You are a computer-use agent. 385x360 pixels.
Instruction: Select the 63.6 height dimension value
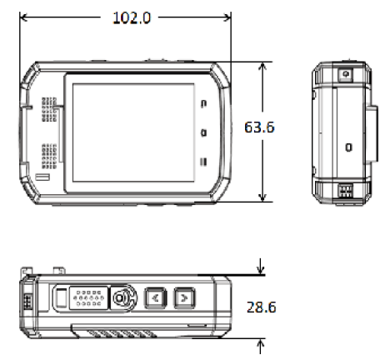pyautogui.click(x=260, y=128)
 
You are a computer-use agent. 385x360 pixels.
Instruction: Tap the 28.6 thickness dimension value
pyautogui.click(x=262, y=307)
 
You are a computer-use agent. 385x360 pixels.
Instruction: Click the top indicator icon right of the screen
pyautogui.click(x=203, y=103)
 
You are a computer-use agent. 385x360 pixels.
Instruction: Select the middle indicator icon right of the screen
pyautogui.click(x=203, y=132)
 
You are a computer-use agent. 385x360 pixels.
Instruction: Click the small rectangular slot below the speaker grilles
pyautogui.click(x=42, y=179)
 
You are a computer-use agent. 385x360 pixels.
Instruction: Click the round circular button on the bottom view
pyautogui.click(x=123, y=297)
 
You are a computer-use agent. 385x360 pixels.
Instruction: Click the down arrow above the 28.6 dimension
pyautogui.click(x=263, y=268)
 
